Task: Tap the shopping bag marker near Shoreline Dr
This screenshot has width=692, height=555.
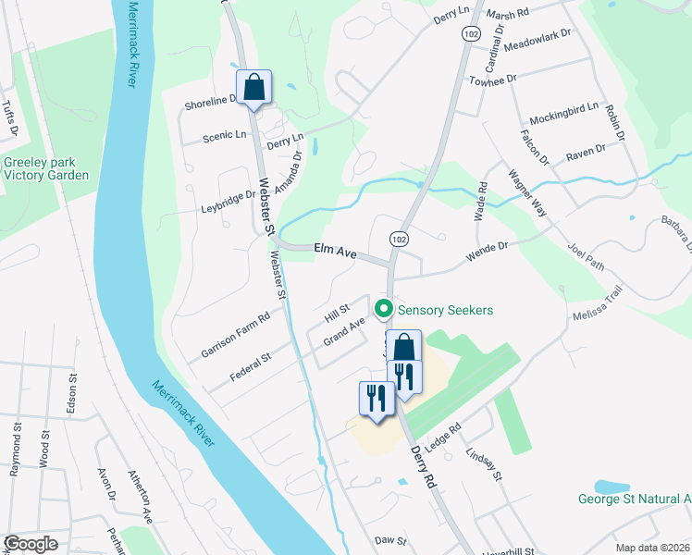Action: pos(253,89)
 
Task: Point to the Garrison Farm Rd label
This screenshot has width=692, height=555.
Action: pos(235,335)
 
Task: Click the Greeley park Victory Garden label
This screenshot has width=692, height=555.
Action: pos(46,168)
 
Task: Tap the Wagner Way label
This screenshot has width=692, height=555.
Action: pos(527,192)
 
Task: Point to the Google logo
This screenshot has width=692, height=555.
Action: pos(31,544)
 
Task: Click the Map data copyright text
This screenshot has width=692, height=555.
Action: pos(653,548)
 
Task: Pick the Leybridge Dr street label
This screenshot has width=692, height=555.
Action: pos(228,196)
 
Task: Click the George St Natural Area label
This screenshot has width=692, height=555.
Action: pos(635,499)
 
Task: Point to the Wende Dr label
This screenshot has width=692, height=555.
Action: pos(490,247)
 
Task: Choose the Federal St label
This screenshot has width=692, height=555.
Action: pos(250,367)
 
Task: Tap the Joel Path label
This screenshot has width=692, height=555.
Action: pos(586,258)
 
